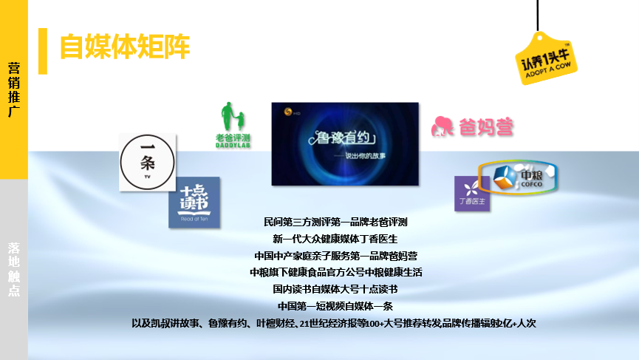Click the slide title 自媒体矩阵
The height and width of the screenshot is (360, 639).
[124, 47]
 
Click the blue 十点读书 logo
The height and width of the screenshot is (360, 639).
[194, 202]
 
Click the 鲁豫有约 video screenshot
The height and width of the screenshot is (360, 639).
[345, 143]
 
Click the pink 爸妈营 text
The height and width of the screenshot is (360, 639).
[484, 127]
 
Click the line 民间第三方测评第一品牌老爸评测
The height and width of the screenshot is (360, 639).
[335, 222]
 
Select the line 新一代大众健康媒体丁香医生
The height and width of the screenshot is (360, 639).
[335, 239]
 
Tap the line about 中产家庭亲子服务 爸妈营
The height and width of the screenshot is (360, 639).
[335, 256]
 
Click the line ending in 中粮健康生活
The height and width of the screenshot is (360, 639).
[335, 272]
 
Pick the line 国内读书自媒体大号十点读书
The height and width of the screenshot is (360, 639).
[335, 289]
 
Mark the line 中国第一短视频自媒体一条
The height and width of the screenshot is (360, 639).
[335, 306]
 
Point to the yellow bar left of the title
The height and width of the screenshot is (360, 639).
[43, 51]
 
